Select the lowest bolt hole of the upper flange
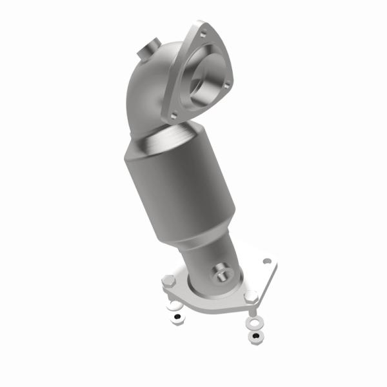pos(172,116)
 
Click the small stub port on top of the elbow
pos(149,48)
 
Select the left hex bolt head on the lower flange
pos(166,282)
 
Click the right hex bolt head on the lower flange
pos(252,297)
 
